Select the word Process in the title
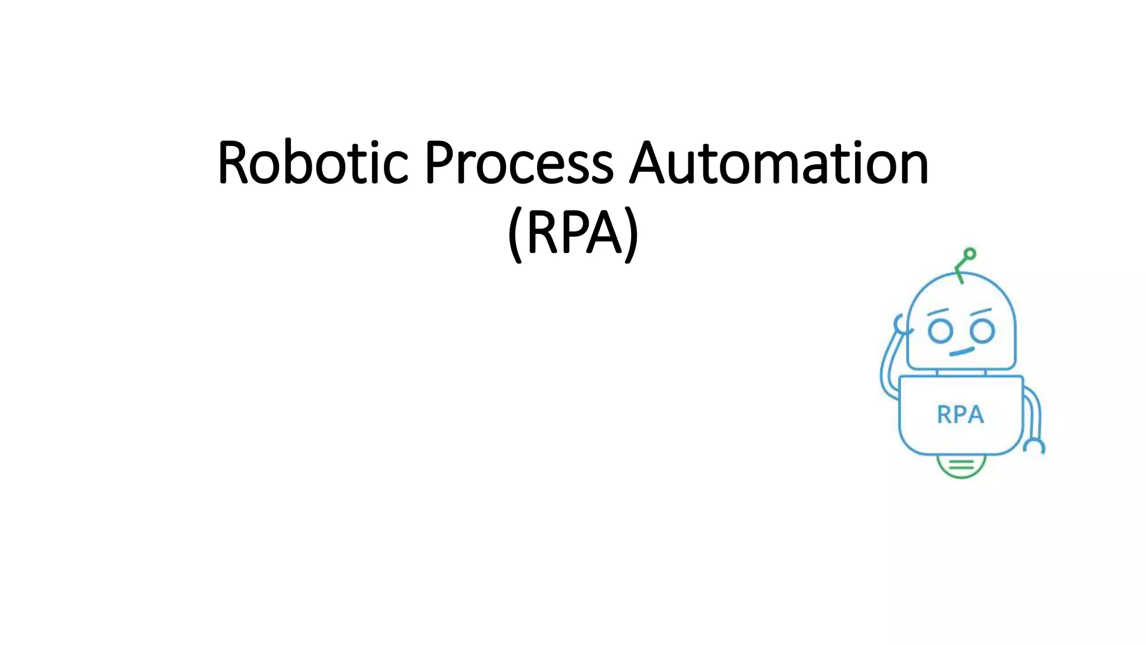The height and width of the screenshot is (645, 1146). tap(518, 163)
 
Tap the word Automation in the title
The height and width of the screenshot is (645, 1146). tap(778, 163)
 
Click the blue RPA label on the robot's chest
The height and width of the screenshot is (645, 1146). tap(960, 415)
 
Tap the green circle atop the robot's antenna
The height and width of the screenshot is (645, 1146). tap(970, 254)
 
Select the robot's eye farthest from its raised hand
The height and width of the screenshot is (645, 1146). tap(982, 330)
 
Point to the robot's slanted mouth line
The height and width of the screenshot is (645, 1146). tap(962, 352)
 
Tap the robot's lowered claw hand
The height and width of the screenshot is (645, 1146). tap(1035, 446)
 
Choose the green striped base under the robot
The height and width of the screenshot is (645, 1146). tap(961, 465)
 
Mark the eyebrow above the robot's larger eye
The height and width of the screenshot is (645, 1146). tap(980, 311)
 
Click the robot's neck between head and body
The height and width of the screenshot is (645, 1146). tap(961, 372)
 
